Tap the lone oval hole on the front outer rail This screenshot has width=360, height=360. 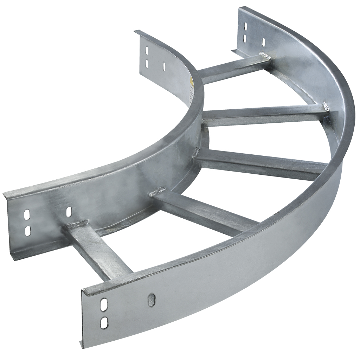tap(152, 300)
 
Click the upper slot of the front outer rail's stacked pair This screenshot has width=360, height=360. tap(104, 304)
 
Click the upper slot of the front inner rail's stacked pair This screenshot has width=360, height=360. tap(27, 214)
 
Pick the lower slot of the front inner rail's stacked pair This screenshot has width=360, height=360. tap(27, 230)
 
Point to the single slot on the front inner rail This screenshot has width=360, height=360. tap(69, 211)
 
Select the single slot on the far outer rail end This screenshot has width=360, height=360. tap(263, 42)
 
